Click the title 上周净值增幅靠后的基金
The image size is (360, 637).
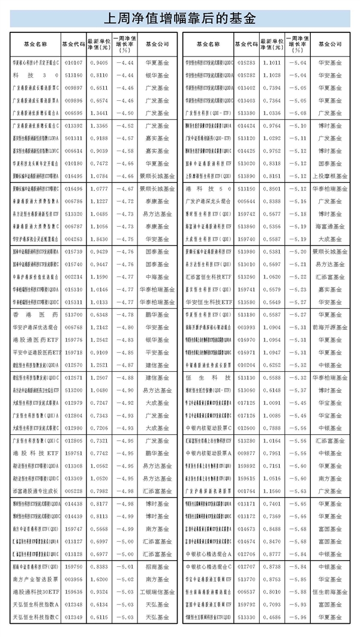click(x=179, y=18)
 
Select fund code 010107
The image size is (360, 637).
click(x=73, y=61)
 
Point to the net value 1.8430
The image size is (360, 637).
click(x=98, y=238)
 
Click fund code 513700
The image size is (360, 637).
click(x=73, y=314)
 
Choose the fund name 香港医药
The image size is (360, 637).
click(x=35, y=314)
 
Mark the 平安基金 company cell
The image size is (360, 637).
click(x=157, y=353)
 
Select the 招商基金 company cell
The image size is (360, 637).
click(x=157, y=566)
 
